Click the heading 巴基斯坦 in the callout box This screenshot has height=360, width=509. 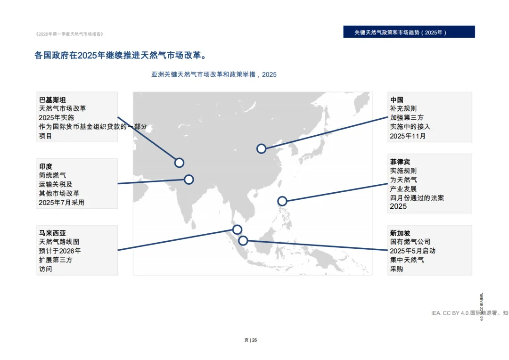pyautogui.click(x=52, y=99)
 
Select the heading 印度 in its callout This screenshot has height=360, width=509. pyautogui.click(x=46, y=166)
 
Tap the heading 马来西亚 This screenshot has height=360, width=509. pyautogui.click(x=52, y=233)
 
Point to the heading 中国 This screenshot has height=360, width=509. pyautogui.click(x=396, y=99)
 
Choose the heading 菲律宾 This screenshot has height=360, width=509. pyautogui.click(x=400, y=162)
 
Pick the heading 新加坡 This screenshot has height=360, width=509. pyautogui.click(x=400, y=233)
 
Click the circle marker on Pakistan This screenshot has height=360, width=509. pyautogui.click(x=179, y=163)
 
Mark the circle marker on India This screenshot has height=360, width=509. pyautogui.click(x=189, y=180)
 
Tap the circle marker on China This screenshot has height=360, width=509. pyautogui.click(x=261, y=149)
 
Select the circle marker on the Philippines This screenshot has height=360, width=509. pyautogui.click(x=282, y=201)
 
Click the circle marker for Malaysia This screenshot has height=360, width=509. pyautogui.click(x=237, y=229)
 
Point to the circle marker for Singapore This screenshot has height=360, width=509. pyautogui.click(x=243, y=241)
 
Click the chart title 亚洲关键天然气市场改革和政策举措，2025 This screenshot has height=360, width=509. pyautogui.click(x=214, y=74)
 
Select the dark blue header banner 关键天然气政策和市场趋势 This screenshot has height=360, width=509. pyautogui.click(x=409, y=32)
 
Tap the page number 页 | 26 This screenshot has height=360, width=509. pyautogui.click(x=251, y=340)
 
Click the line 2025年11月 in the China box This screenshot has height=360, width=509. pyautogui.click(x=408, y=136)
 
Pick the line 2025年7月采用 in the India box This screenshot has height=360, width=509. pyautogui.click(x=62, y=203)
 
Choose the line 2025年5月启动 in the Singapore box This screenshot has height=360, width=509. pyautogui.click(x=412, y=251)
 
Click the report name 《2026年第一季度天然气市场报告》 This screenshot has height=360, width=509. pyautogui.click(x=69, y=34)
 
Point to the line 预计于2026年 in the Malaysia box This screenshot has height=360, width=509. pyautogui.click(x=60, y=251)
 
